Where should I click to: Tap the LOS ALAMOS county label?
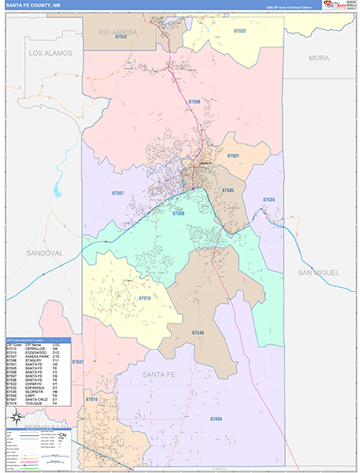click(x=50, y=53)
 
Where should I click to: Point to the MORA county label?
click(x=318, y=58)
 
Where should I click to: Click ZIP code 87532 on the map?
click(x=120, y=47)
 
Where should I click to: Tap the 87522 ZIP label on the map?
click(x=239, y=31)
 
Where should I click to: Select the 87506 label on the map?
click(x=195, y=102)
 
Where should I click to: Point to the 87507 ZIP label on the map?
click(x=118, y=192)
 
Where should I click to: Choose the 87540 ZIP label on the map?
click(x=197, y=333)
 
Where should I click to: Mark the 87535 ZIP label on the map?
click(x=269, y=200)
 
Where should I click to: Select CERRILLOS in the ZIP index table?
click(x=36, y=349)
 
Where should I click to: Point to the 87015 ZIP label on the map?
click(x=91, y=400)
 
